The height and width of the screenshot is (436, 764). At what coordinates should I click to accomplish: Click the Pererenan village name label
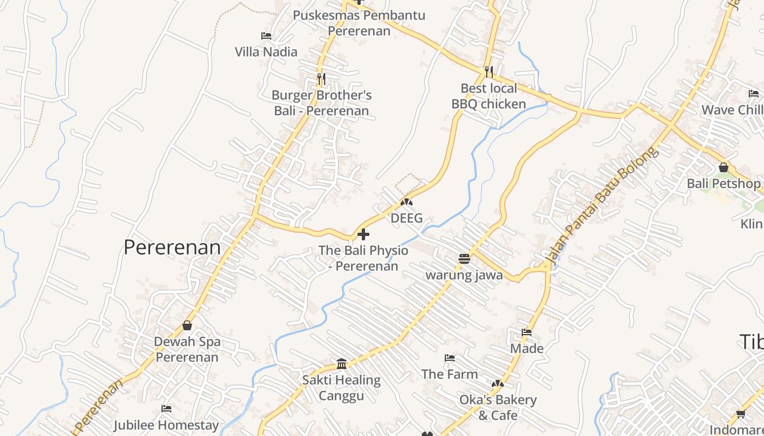coord(172,247)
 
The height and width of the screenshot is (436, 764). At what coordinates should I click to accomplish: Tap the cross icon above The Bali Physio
coord(363,235)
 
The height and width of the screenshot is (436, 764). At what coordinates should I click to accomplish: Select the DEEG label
coord(407,218)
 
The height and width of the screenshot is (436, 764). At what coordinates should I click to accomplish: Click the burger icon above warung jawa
coord(464,258)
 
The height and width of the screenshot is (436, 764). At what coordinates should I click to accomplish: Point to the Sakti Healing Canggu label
coord(342,387)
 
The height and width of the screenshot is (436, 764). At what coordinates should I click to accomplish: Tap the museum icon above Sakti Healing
coord(342,364)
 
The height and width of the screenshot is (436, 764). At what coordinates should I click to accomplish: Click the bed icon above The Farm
coord(450,358)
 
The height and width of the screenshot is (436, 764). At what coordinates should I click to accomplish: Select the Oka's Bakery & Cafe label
coord(498,407)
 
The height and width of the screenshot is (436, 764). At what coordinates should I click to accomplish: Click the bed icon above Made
coord(527,332)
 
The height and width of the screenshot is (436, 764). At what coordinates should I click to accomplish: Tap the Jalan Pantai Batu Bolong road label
coord(602,206)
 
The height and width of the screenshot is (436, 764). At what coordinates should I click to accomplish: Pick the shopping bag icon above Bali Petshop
coord(724,167)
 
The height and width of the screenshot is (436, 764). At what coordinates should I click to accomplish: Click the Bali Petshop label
coord(723,183)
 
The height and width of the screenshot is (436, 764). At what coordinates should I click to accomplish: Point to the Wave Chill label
coord(732,110)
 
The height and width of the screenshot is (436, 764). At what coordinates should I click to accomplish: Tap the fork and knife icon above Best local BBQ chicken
coord(488,71)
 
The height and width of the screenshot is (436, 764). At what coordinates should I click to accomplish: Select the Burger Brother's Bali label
coord(321,103)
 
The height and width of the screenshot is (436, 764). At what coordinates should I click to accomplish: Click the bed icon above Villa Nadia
coord(266,36)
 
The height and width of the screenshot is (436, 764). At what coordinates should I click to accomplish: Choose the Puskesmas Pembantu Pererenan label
coord(359,22)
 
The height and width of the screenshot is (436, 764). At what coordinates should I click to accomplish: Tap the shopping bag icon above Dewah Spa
coord(187,325)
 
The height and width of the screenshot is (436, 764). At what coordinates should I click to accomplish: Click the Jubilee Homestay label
coord(166,425)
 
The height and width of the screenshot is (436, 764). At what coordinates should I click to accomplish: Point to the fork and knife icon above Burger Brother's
coord(321,79)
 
